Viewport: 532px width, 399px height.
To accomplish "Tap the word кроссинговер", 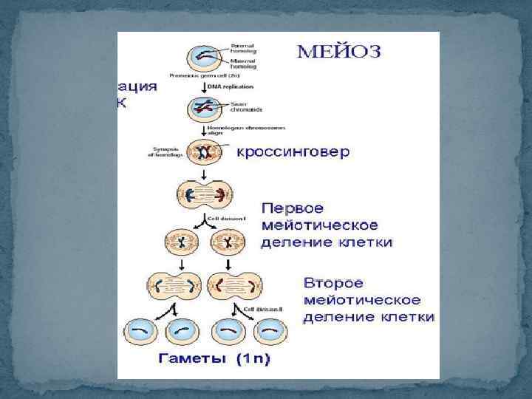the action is click(293, 153).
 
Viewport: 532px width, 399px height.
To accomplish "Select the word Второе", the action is click(333, 284).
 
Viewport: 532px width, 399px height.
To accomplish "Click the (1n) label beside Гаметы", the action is click(253, 360).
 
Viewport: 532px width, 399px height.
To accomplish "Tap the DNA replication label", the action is click(229, 86).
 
